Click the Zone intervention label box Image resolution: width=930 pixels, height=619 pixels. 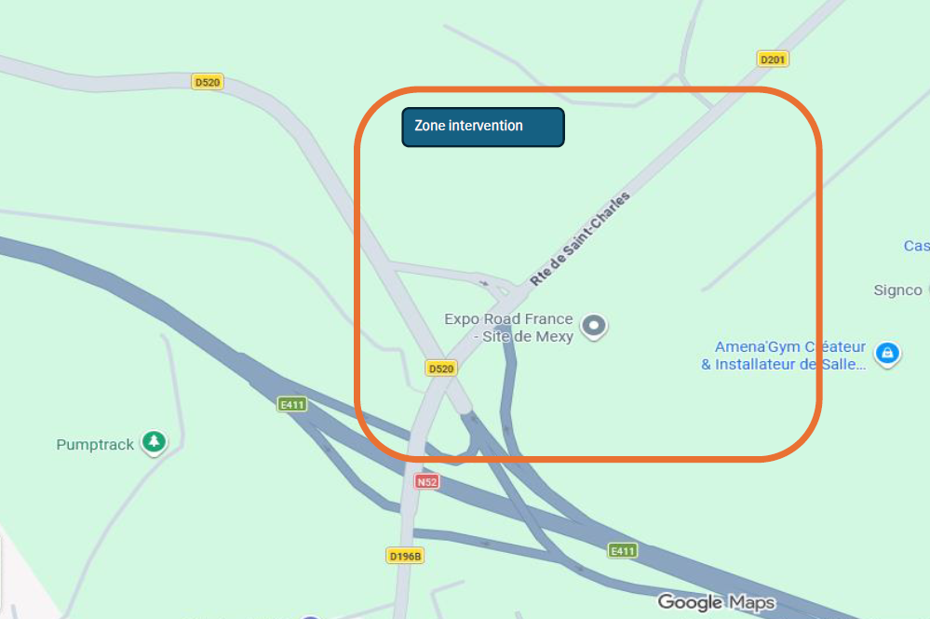pyautogui.click(x=482, y=128)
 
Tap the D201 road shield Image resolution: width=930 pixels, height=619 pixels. pyautogui.click(x=773, y=60)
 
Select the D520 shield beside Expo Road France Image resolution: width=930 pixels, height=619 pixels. pyautogui.click(x=441, y=369)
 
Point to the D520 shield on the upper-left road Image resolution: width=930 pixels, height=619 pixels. pyautogui.click(x=207, y=82)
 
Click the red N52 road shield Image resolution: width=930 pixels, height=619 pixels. pyautogui.click(x=426, y=482)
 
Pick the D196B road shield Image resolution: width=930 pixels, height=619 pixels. pyautogui.click(x=405, y=556)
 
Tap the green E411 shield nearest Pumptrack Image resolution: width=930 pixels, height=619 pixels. pyautogui.click(x=291, y=404)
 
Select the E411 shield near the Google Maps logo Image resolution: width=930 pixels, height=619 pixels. pyautogui.click(x=622, y=551)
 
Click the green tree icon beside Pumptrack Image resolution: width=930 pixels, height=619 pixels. pyautogui.click(x=154, y=442)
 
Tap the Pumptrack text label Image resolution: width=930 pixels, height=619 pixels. pyautogui.click(x=95, y=445)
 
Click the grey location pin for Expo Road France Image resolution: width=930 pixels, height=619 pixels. pyautogui.click(x=594, y=326)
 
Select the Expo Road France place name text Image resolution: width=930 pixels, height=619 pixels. pyautogui.click(x=508, y=328)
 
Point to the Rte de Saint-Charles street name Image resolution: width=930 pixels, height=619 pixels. pyautogui.click(x=580, y=238)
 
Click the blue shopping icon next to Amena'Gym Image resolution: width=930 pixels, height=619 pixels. pyautogui.click(x=888, y=354)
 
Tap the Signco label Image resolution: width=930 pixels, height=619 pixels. pyautogui.click(x=897, y=290)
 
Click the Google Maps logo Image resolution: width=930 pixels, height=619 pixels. pyautogui.click(x=716, y=602)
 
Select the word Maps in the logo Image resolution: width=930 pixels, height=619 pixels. pyautogui.click(x=751, y=602)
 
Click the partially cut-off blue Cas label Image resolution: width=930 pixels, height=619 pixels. pyautogui.click(x=916, y=246)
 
